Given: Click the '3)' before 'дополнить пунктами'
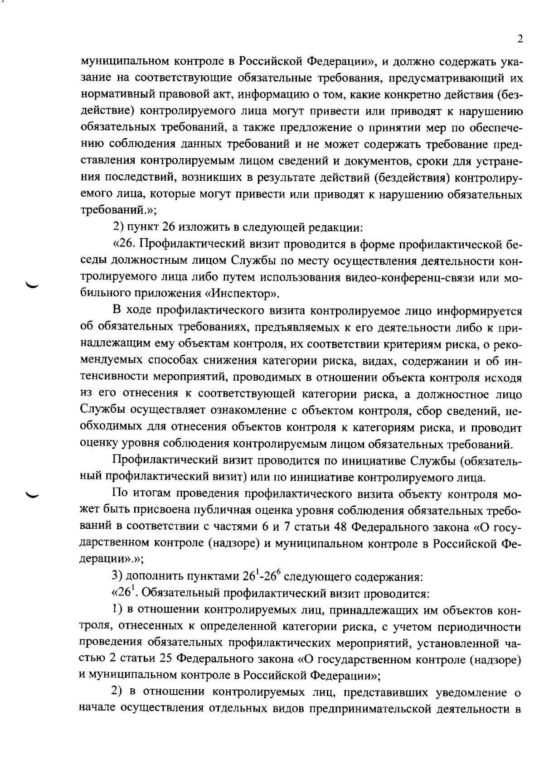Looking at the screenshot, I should click(118, 577).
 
